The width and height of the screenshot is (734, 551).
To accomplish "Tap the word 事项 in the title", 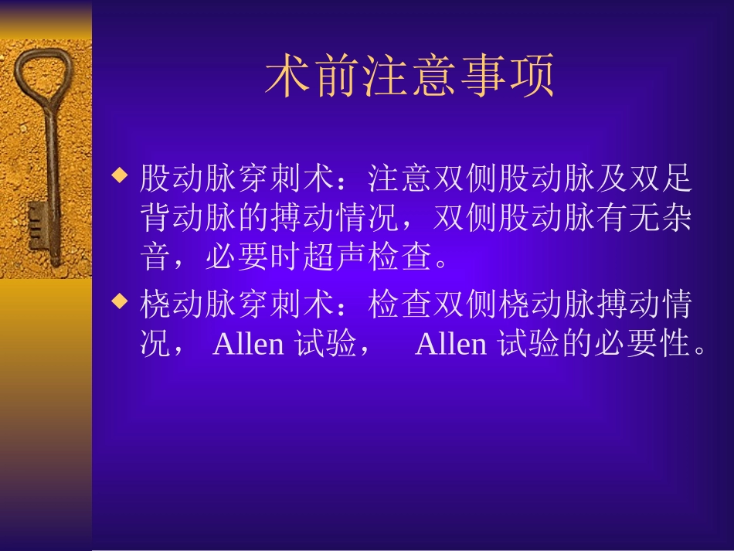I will coord(506,77).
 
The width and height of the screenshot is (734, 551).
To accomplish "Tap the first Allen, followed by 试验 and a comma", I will coord(248,344).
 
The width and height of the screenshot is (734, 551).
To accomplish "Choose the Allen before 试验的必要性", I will coord(451,344).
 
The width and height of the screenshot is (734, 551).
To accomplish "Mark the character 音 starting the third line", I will coord(155,259).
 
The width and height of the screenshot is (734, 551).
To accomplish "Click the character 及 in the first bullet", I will coord(610,179).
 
